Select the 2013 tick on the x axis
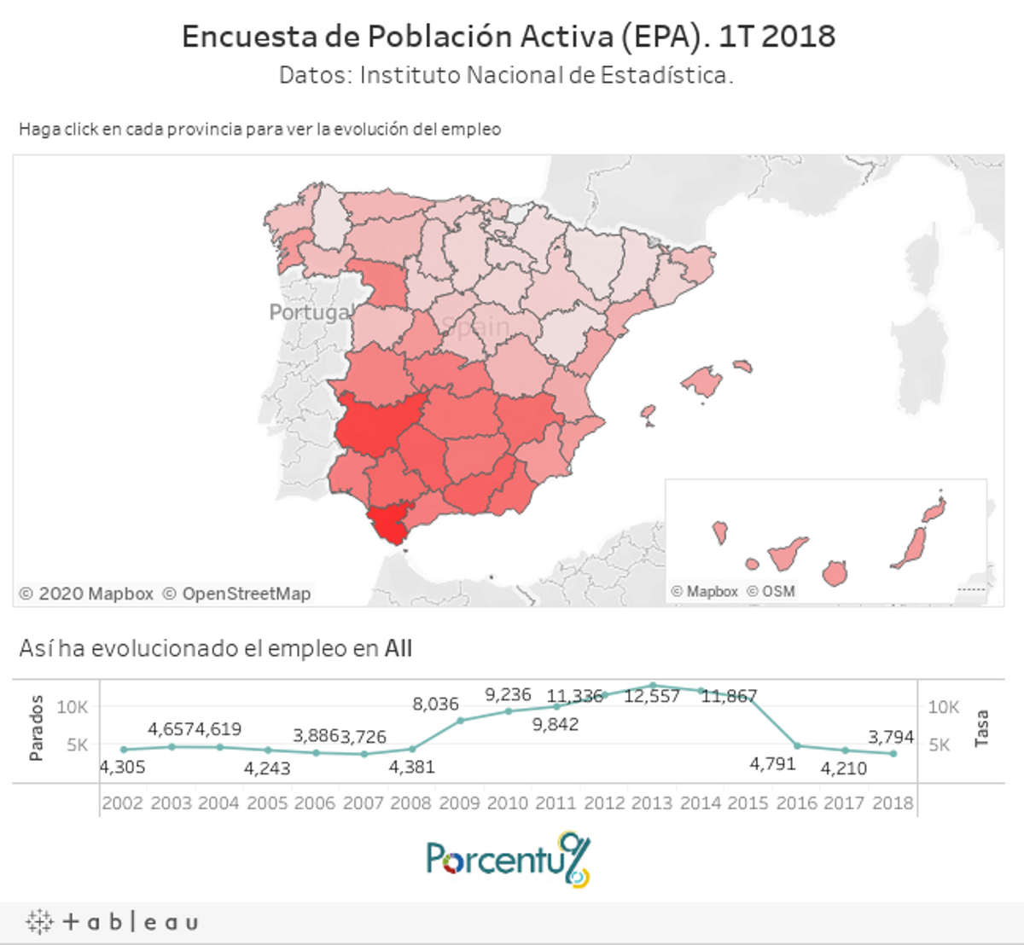(652, 803)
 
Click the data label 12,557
(652, 696)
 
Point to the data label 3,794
(891, 736)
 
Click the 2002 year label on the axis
(122, 803)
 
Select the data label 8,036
(435, 704)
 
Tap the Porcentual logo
(508, 859)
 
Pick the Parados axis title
(36, 728)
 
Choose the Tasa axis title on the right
(981, 728)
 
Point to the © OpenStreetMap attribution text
(236, 594)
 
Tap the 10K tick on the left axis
(73, 707)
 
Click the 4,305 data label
(122, 767)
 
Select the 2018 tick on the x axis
(893, 803)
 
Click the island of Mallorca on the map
(701, 381)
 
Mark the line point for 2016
(798, 745)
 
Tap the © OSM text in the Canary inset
(771, 591)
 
